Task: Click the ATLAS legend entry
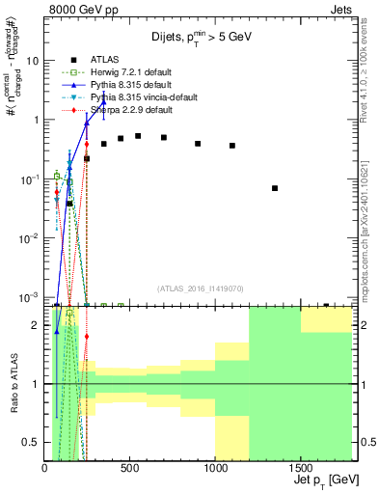click(x=106, y=61)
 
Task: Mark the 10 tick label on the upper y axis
click(x=33, y=60)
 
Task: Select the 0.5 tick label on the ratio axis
click(x=31, y=443)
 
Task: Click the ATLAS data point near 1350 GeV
click(x=275, y=188)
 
